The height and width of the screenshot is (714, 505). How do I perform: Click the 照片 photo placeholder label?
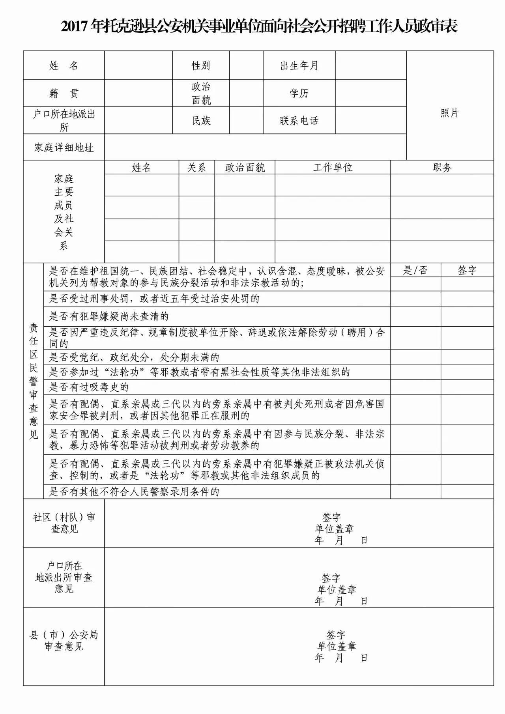pyautogui.click(x=450, y=113)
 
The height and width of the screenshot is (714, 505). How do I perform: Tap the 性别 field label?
pyautogui.click(x=201, y=65)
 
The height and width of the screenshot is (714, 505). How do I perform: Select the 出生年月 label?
pyautogui.click(x=299, y=65)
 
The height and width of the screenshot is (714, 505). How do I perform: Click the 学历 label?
pyautogui.click(x=299, y=93)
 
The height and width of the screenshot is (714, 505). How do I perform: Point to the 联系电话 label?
pyautogui.click(x=299, y=121)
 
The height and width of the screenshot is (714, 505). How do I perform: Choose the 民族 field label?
pyautogui.click(x=201, y=121)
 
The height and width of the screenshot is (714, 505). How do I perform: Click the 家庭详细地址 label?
pyautogui.click(x=64, y=148)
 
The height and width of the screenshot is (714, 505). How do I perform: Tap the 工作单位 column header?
pyautogui.click(x=333, y=168)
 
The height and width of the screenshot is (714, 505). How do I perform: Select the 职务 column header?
pyautogui.click(x=442, y=168)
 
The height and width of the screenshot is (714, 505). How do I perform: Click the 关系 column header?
pyautogui.click(x=196, y=168)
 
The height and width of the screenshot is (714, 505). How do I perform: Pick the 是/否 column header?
pyautogui.click(x=415, y=271)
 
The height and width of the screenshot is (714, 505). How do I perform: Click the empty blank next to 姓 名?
pyautogui.click(x=138, y=65)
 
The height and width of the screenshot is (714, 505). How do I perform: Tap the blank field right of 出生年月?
pyautogui.click(x=370, y=65)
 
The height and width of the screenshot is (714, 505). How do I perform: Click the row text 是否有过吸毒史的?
pyautogui.click(x=89, y=387)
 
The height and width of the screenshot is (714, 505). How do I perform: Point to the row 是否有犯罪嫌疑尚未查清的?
pyautogui.click(x=109, y=316)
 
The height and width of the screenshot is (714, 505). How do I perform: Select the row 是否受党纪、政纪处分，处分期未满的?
pyautogui.click(x=134, y=358)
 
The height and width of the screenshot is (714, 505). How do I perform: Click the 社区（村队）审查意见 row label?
pyautogui.click(x=64, y=523)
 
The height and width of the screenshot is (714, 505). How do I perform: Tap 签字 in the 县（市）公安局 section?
pyautogui.click(x=336, y=635)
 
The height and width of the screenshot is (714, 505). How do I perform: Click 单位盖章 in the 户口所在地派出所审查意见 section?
pyautogui.click(x=337, y=590)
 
